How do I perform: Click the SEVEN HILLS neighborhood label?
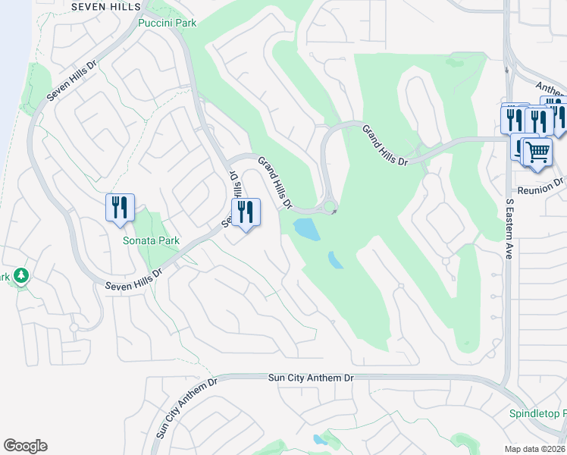[x=105, y=6]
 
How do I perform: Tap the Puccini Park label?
[x=168, y=23]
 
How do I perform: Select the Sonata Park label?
[x=152, y=240]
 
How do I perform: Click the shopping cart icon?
[x=537, y=152]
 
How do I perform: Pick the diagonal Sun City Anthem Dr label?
[x=186, y=408]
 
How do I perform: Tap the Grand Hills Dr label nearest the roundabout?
[x=274, y=182]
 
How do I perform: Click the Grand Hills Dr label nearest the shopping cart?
[x=384, y=146]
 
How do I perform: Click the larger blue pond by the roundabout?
[x=306, y=227]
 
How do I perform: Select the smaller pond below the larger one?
[x=335, y=260]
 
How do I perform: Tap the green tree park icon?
[x=21, y=275]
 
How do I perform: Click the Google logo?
[x=25, y=446]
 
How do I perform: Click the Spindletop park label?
[x=536, y=414]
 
